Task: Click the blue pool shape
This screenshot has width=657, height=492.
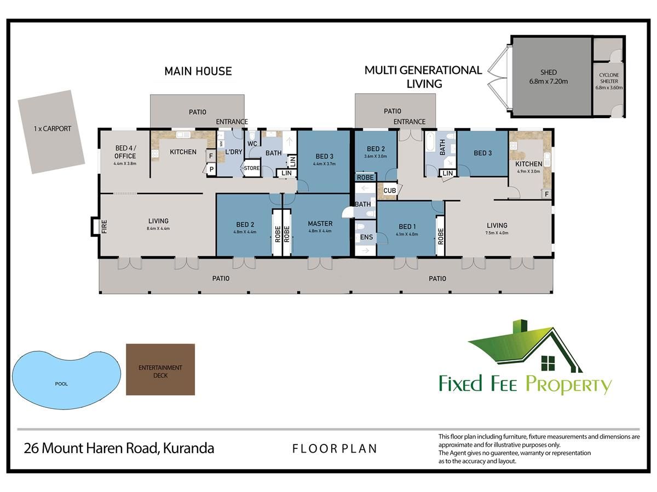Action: (66, 379)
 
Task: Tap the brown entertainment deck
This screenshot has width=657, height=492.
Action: (160, 370)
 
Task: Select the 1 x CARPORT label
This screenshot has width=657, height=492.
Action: (53, 129)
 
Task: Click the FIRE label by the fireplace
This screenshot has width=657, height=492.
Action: (104, 226)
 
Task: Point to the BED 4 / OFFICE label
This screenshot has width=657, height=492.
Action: (125, 152)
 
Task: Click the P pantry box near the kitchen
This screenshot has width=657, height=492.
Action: (211, 169)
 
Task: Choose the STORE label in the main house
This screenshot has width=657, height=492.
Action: (252, 168)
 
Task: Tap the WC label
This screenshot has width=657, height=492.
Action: (252, 144)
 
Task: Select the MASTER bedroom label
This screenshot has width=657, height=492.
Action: (320, 224)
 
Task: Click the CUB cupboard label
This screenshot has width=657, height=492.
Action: (389, 191)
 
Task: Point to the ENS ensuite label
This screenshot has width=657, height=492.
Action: (366, 237)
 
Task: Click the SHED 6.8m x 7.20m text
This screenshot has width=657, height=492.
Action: (549, 77)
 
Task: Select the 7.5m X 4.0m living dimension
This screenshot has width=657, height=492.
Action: (497, 233)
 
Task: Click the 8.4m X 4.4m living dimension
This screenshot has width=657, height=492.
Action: (158, 229)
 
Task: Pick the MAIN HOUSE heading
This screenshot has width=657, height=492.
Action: (198, 72)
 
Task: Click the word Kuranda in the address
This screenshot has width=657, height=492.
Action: (188, 448)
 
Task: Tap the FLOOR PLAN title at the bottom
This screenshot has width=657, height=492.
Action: (335, 449)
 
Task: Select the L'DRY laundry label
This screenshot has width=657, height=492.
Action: (233, 152)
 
